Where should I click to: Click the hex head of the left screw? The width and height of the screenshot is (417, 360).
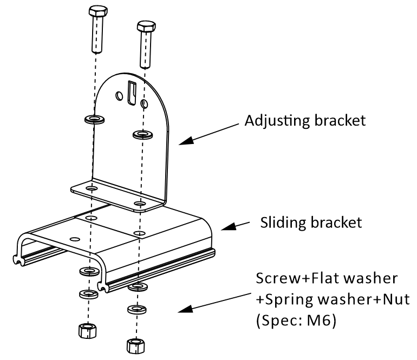click(x=98, y=11)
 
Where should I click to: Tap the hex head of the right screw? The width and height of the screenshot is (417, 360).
click(x=146, y=26)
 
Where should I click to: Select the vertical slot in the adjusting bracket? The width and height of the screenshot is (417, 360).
click(x=132, y=92)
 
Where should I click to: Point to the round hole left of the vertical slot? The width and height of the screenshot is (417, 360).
click(x=119, y=96)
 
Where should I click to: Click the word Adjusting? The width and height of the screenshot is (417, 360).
click(x=277, y=121)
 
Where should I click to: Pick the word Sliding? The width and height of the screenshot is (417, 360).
click(x=283, y=222)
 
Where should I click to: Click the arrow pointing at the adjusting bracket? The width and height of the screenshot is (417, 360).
click(x=208, y=134)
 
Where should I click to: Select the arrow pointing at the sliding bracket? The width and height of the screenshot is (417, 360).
click(x=236, y=226)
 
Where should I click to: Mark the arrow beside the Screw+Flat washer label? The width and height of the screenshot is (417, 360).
click(x=214, y=303)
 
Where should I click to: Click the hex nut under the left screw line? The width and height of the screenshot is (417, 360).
click(x=88, y=330)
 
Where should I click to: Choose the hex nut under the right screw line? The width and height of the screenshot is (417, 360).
click(x=136, y=346)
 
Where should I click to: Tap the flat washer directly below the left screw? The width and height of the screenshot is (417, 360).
click(x=94, y=120)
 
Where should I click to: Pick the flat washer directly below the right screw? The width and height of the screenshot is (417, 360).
click(x=143, y=134)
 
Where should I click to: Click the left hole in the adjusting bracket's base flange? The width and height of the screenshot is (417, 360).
click(x=92, y=188)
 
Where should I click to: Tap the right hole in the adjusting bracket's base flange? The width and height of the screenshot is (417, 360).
click(x=140, y=204)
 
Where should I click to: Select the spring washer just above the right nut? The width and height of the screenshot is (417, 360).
click(x=136, y=310)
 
